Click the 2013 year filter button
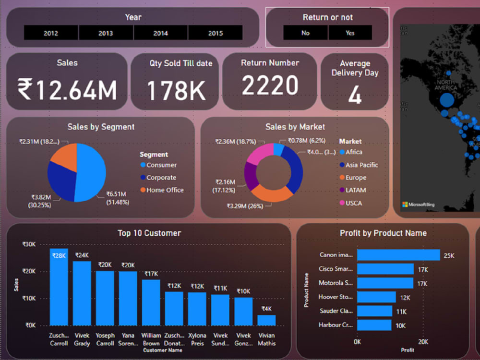[106, 33]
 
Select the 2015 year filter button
[216, 33]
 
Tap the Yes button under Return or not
[350, 33]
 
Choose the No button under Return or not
[306, 33]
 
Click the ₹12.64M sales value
[67, 89]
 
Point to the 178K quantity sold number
[176, 90]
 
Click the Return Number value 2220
[270, 86]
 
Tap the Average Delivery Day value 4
[355, 95]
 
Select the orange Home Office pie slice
[65, 156]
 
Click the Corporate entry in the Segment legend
[161, 178]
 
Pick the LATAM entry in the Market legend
[355, 191]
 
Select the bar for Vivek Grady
[82, 293]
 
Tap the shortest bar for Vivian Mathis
[266, 320]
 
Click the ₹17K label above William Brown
[151, 274]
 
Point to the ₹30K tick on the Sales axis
[29, 244]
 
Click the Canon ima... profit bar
[398, 255]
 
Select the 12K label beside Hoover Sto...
[405, 298]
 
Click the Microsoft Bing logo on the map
[418, 204]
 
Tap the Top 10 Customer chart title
[149, 233]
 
